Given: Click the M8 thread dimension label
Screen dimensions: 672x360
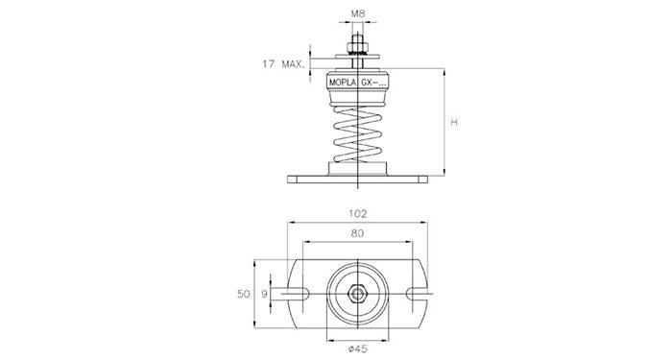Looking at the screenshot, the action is pos(358,13).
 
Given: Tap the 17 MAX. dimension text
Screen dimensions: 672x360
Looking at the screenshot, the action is pos(284,64).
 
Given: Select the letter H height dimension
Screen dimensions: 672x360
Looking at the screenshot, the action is pos(454,122).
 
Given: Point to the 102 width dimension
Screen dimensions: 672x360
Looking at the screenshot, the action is pos(358,213).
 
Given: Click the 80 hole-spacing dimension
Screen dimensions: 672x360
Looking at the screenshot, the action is pos(357,233).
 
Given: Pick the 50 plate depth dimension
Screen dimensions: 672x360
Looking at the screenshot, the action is pos(244,294).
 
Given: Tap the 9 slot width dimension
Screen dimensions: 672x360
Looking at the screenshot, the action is pos(264,294).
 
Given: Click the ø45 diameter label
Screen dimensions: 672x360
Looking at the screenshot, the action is pos(358,348).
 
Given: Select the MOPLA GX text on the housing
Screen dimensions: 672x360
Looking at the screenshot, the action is pos(358,83).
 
